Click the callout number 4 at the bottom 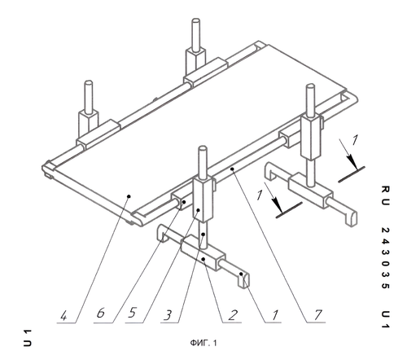[63, 316]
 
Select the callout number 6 [101, 313]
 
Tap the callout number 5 [132, 313]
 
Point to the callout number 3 [168, 315]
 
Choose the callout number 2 [233, 315]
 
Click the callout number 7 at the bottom [317, 314]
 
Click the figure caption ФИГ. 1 [203, 343]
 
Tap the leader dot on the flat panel [129, 195]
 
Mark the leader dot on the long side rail [232, 169]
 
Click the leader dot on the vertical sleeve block [199, 210]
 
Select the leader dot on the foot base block [203, 259]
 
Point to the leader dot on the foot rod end [241, 274]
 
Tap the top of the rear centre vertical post [195, 21]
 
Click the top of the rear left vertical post [89, 83]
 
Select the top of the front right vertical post [310, 86]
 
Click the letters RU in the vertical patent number [385, 195]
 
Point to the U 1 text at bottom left [27, 338]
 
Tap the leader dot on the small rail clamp [184, 202]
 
